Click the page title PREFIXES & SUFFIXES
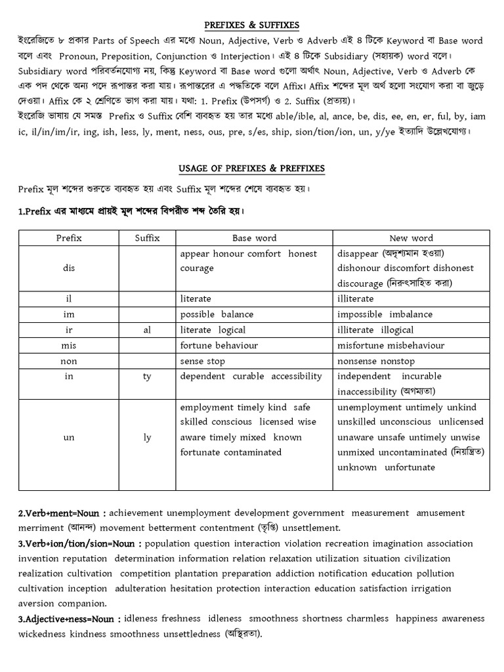pos(252,25)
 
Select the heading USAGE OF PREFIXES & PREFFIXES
pos(252,169)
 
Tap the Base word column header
pos(254,238)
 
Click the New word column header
pos(411,238)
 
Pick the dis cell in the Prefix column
pos(69,268)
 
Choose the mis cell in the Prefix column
pos(69,345)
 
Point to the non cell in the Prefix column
pos(69,361)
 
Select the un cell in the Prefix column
pos(69,437)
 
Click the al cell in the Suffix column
pos(147,330)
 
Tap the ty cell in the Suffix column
pos(147,376)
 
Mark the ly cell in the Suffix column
pos(147,437)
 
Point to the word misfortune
pos(363,345)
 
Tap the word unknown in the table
pos(357,467)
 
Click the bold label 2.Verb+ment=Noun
pos(62,513)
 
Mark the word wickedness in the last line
pos(42,634)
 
